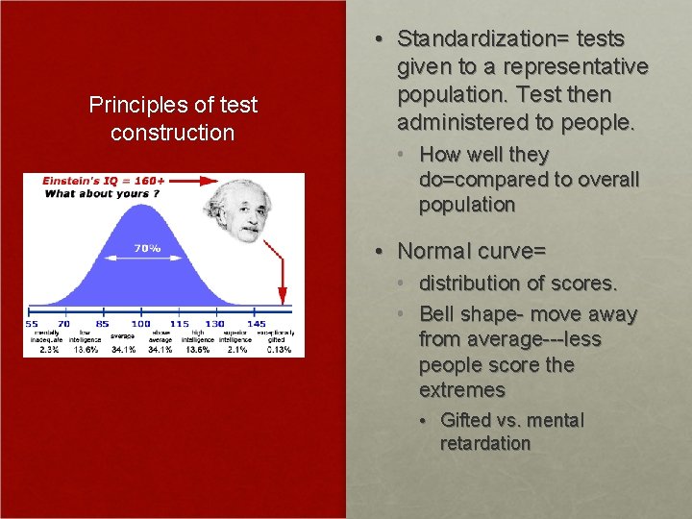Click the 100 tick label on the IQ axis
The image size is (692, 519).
tap(140, 324)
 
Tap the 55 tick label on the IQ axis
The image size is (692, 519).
tap(32, 324)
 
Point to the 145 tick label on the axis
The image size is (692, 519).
tap(256, 324)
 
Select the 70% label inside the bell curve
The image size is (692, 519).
tap(147, 247)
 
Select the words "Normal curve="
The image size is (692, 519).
tap(471, 252)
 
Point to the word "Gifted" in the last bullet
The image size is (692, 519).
tap(466, 420)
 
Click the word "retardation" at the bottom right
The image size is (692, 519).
tap(484, 443)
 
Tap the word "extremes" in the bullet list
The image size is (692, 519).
tap(461, 390)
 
